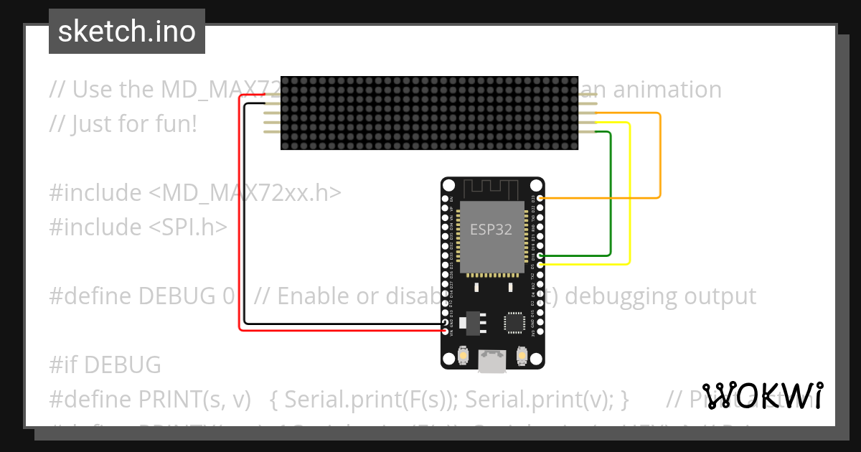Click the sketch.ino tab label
(126, 32)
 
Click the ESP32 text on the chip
(491, 230)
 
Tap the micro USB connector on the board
(492, 362)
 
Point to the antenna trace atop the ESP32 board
(492, 189)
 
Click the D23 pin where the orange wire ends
(540, 197)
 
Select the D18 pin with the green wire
(540, 255)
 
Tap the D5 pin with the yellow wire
(540, 265)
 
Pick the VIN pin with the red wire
(445, 332)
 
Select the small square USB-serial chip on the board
(514, 322)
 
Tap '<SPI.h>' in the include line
(188, 227)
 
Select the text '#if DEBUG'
(105, 364)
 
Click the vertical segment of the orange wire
(659, 154)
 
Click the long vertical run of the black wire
(245, 215)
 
